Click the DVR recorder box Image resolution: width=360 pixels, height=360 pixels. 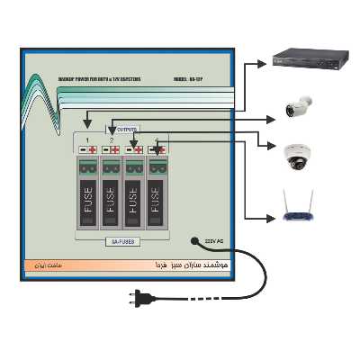click(x=310, y=59)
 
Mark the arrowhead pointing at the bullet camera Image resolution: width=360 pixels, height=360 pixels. click(x=270, y=119)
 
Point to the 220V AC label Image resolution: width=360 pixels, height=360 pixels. click(x=217, y=241)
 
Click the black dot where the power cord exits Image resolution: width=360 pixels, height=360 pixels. click(x=193, y=240)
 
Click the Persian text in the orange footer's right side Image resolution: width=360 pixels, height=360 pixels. click(x=180, y=267)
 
